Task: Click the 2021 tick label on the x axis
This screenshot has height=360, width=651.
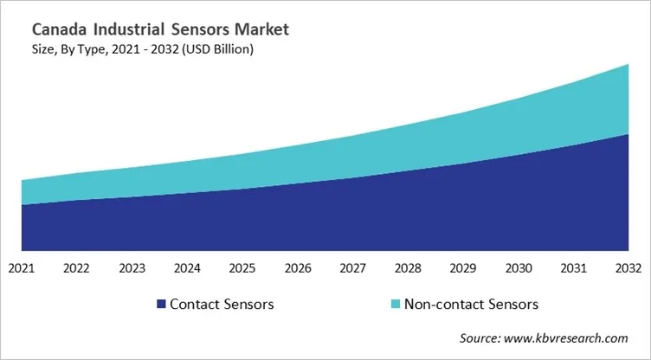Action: (22, 268)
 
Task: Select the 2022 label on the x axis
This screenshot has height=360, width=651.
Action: (77, 268)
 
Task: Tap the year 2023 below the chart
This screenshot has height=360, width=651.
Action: (132, 268)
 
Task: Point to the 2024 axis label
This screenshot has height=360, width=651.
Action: (187, 268)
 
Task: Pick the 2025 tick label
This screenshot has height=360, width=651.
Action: (242, 268)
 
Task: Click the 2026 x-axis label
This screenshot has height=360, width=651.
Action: (298, 268)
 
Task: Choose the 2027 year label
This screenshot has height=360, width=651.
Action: (352, 268)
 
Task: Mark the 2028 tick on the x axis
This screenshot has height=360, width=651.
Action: (408, 268)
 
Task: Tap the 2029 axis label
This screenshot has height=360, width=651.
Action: (463, 268)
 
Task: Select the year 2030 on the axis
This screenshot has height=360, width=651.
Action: (519, 268)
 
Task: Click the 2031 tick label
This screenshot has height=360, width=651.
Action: (573, 268)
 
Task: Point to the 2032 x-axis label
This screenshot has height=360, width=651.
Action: (628, 268)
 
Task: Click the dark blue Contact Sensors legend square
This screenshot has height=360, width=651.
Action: (160, 305)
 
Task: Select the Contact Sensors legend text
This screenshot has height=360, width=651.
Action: (222, 305)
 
